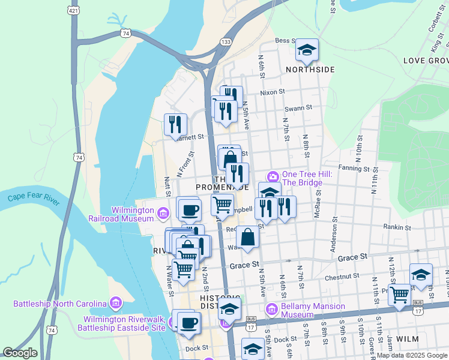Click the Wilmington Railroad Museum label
[x=132, y=214]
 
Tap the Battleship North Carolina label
[x=59, y=303]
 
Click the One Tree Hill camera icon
[x=273, y=176]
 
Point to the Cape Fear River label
[x=34, y=199]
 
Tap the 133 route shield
[x=226, y=41]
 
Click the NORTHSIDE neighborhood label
[x=310, y=70]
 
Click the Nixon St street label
[x=272, y=92]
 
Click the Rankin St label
[x=397, y=227]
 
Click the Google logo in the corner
[x=20, y=353]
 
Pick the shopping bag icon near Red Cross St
[x=248, y=238]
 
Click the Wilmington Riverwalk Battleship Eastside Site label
[x=124, y=323]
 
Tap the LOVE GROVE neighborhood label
[x=426, y=61]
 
